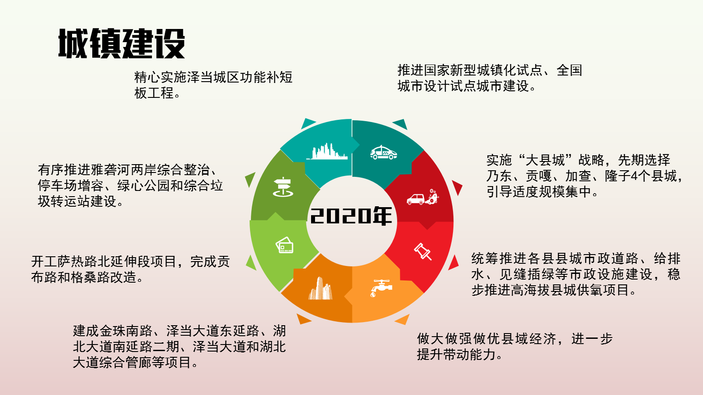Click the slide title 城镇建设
pos(121,43)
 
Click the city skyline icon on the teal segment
pos(327,151)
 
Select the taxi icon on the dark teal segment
pos(384,152)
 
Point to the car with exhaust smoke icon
pos(422,197)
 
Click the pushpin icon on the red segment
pos(423,251)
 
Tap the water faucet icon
pos(381,288)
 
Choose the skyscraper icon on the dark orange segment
pos(320,288)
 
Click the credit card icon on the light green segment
pos(285,245)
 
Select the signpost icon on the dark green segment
pos(283,187)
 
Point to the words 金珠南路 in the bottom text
pos(126,331)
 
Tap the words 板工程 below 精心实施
pos(154,93)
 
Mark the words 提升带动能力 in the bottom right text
pos(456,355)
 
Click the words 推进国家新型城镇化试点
pos(470,70)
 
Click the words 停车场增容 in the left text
pos(71,186)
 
